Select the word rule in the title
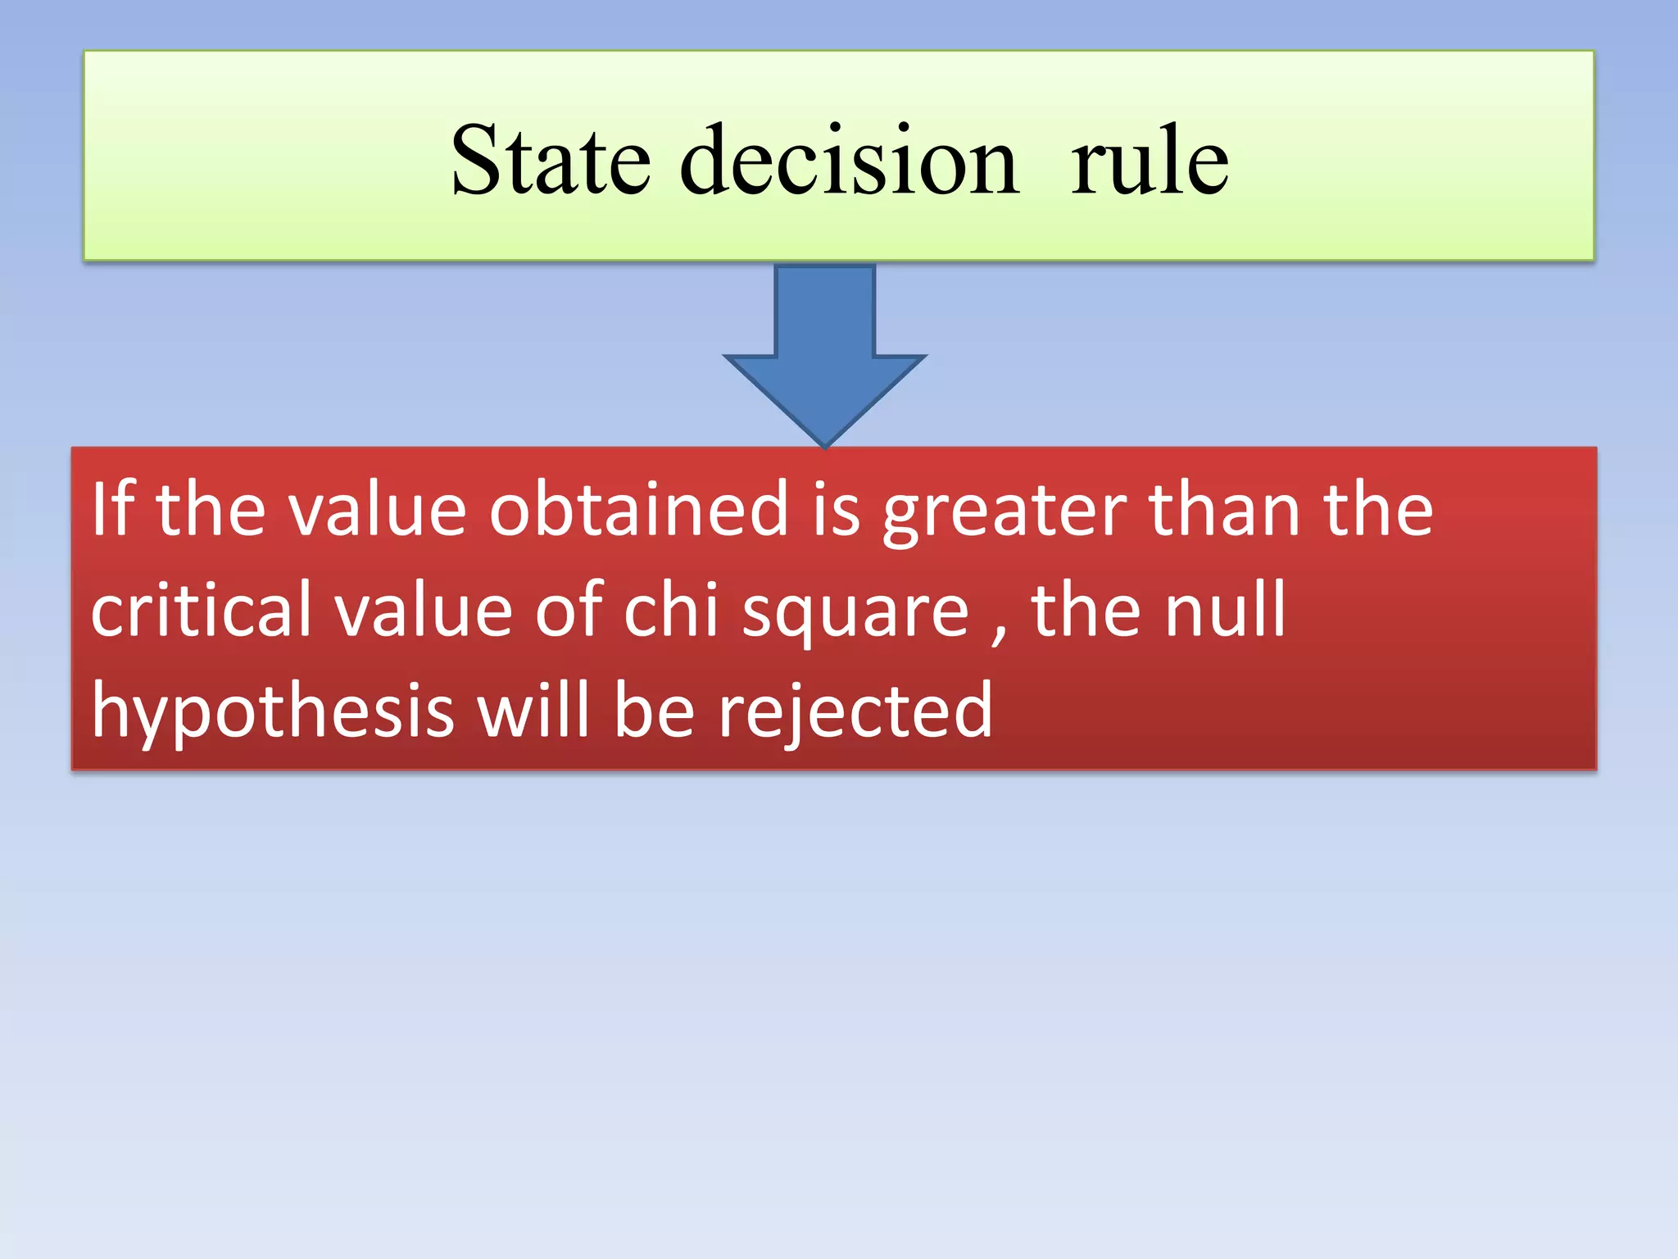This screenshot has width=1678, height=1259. pos(1149,161)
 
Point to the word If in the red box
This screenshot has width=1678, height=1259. pos(112,509)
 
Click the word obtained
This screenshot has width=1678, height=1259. pos(639,509)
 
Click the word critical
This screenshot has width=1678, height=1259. pos(201,610)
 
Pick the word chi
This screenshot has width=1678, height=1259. pos(671,610)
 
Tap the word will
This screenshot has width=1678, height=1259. pos(533,710)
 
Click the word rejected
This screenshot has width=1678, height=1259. pos(855,711)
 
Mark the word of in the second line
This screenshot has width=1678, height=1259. pos(569,610)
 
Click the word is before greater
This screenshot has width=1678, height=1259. pos(836,509)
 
